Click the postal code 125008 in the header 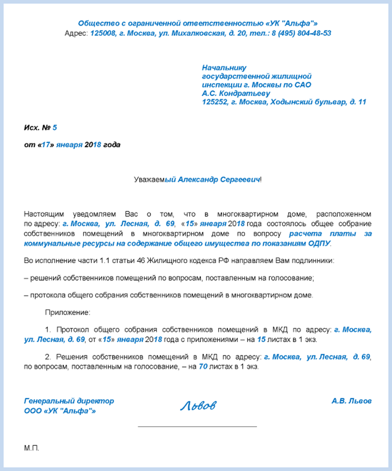102,33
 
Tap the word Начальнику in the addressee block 224,68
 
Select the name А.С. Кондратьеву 236,93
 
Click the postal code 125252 214,102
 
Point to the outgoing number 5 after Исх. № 55,128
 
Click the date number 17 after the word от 46,145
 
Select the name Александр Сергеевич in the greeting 219,179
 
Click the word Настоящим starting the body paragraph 44,214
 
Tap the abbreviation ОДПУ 319,243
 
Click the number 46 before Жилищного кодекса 141,261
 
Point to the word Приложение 68,312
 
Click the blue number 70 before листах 203,367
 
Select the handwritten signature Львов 198,406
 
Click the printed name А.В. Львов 351,401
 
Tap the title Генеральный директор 69,401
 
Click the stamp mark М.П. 31,448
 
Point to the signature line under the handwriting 197,427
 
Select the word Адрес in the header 76,33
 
